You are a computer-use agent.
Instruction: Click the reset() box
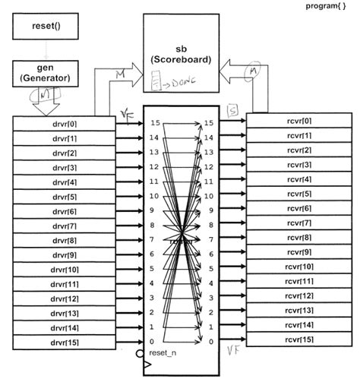pyautogui.click(x=43, y=29)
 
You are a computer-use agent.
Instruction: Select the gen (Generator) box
pyautogui.click(x=43, y=74)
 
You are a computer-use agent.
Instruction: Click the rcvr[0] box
pyautogui.click(x=298, y=121)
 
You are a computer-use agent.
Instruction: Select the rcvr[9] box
pyautogui.click(x=298, y=251)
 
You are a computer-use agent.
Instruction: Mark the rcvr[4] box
pyautogui.click(x=298, y=179)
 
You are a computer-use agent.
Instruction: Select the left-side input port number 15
pyautogui.click(x=154, y=123)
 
